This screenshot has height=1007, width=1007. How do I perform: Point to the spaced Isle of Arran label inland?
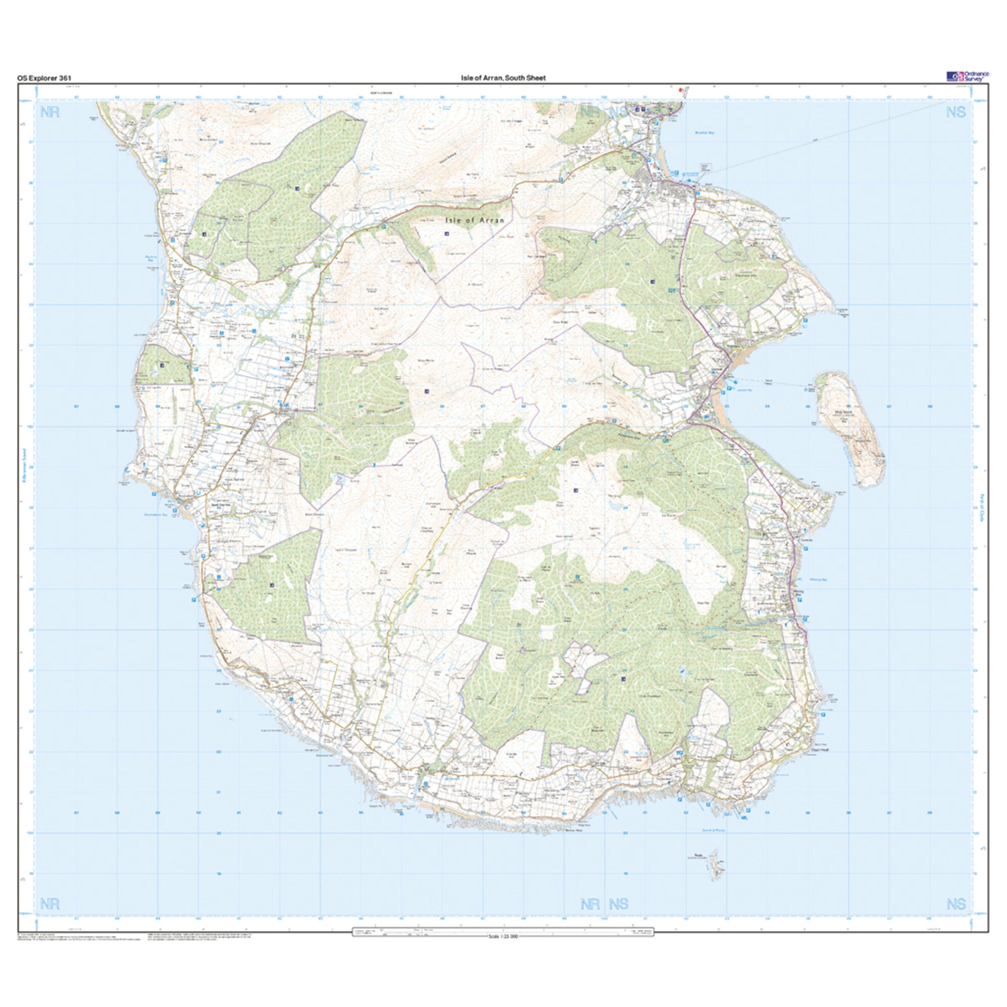[475, 221]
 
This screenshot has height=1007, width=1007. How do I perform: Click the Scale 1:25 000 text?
[503, 937]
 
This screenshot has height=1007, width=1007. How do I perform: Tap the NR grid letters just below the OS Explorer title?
[50, 112]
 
